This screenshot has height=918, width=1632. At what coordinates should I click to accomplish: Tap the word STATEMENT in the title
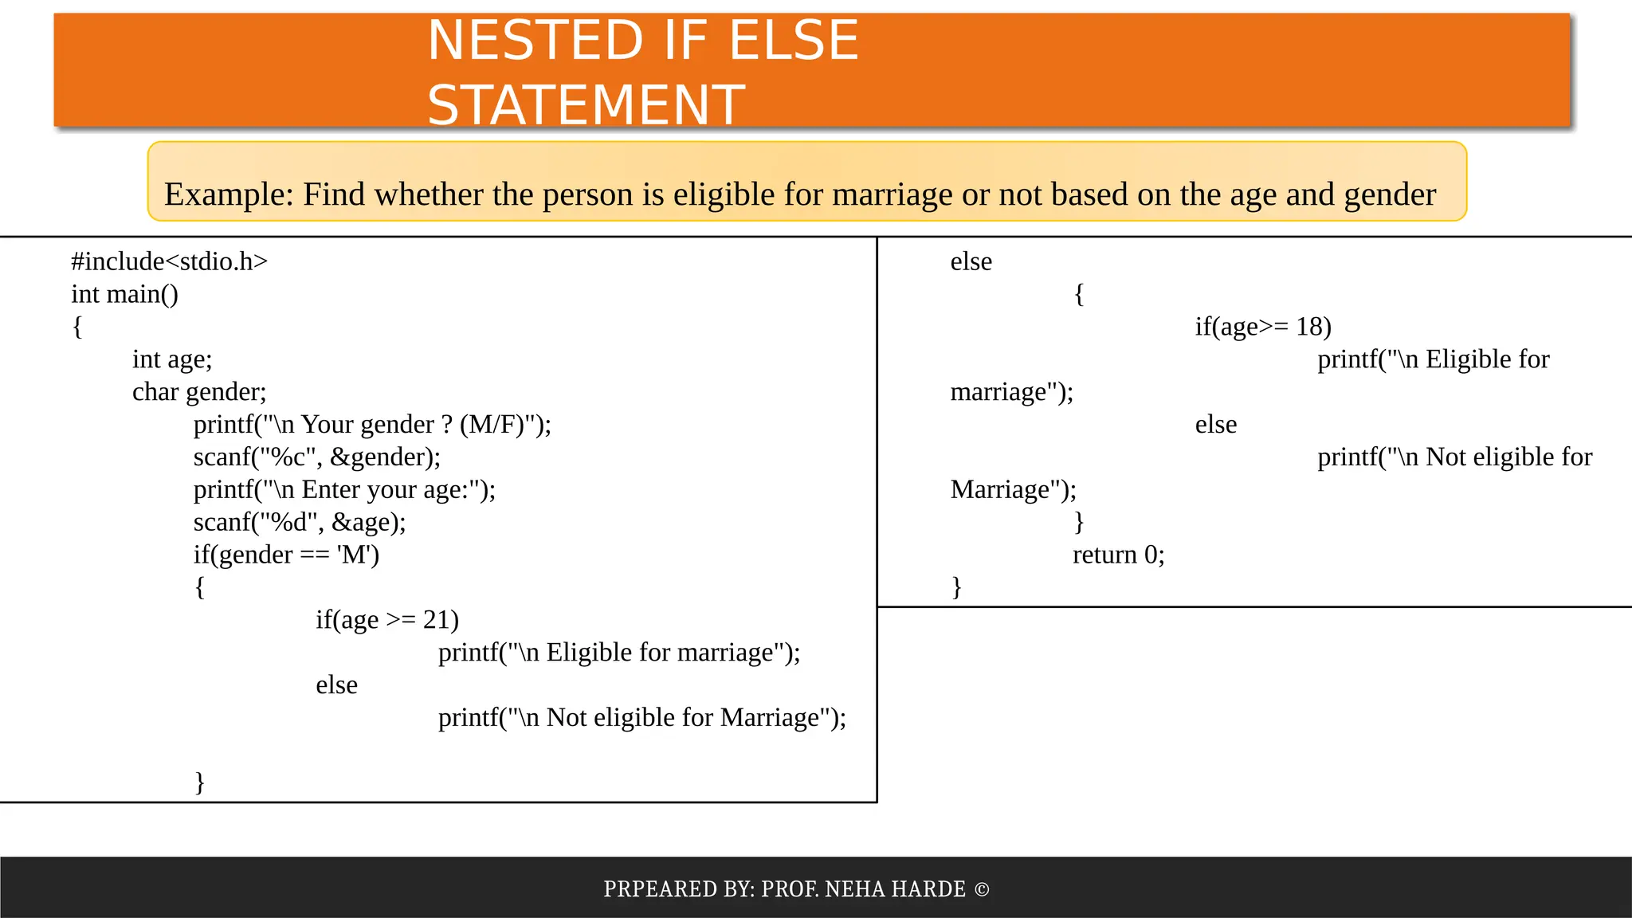[x=586, y=104]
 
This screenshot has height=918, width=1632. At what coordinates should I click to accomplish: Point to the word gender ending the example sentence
[x=1390, y=194]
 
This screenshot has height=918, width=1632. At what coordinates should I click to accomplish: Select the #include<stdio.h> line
[x=169, y=261]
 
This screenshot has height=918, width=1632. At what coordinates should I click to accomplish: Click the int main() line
[x=124, y=294]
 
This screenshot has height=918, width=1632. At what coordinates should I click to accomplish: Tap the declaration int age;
[x=172, y=359]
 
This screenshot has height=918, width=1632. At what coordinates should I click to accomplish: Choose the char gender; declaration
[x=199, y=392]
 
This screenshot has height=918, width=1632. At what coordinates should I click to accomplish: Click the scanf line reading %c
[x=316, y=457]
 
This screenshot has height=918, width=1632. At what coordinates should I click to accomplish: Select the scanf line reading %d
[x=300, y=522]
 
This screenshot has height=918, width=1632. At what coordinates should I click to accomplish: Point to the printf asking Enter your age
[x=344, y=489]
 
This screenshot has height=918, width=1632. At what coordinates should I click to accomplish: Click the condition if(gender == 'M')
[x=286, y=555]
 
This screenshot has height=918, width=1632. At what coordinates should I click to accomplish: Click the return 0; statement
[x=1118, y=555]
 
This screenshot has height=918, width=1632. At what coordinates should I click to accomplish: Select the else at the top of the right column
[x=971, y=261]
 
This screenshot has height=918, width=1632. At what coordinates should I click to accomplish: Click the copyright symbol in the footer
[x=982, y=889]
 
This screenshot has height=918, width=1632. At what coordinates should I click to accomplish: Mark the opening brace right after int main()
[x=77, y=327]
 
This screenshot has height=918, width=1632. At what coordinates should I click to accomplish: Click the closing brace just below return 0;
[x=956, y=587]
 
